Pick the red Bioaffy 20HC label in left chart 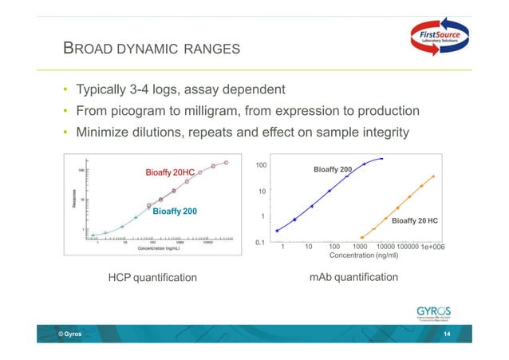[169, 172]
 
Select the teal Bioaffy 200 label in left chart [174, 211]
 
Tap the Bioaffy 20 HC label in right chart [420, 220]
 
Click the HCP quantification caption [152, 278]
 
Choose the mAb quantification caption [353, 277]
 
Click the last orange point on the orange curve [433, 176]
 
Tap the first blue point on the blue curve [277, 231]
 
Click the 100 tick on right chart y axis [260, 165]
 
